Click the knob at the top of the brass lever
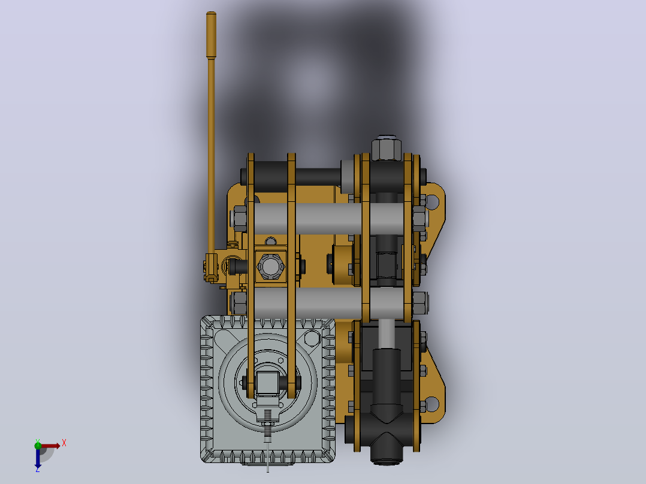(x=211, y=35)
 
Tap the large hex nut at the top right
(x=386, y=149)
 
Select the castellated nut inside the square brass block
(x=270, y=266)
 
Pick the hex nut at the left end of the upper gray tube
(x=240, y=218)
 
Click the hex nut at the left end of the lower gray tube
(x=240, y=302)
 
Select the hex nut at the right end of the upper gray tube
(x=420, y=219)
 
